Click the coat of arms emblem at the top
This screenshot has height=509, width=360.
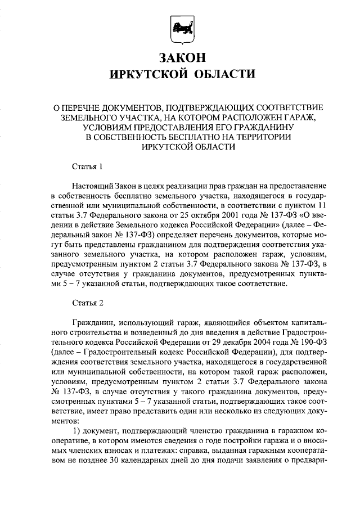(x=179, y=28)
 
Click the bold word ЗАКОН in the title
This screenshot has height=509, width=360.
(x=179, y=57)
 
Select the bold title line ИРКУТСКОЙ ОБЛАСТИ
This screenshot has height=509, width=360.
(x=179, y=74)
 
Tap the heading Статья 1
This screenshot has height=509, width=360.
(x=88, y=166)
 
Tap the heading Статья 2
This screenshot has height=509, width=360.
(x=88, y=304)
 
